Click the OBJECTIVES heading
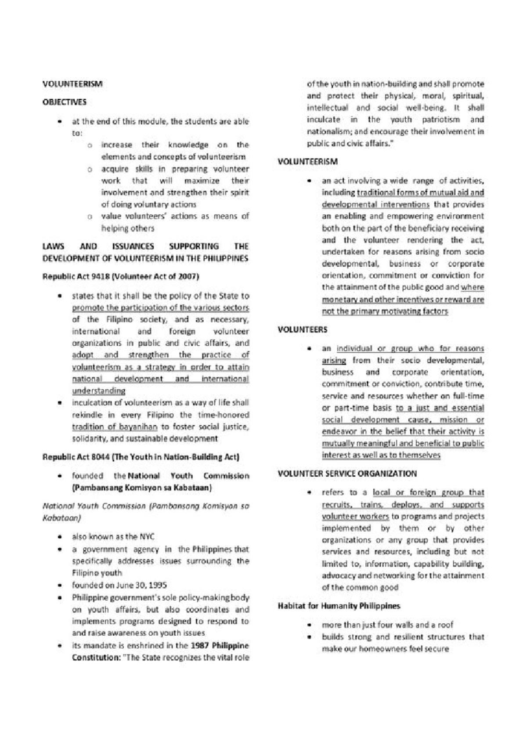coord(64,102)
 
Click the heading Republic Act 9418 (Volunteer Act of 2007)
coord(121,277)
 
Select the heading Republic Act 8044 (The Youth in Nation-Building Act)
coord(141,457)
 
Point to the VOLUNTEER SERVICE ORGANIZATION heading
coord(347,474)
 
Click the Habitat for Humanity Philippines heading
coord(339,606)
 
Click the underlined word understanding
coord(99,391)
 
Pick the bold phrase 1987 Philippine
coord(220,646)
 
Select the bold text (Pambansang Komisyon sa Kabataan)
coord(143,488)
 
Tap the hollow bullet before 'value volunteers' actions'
coord(90,217)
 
